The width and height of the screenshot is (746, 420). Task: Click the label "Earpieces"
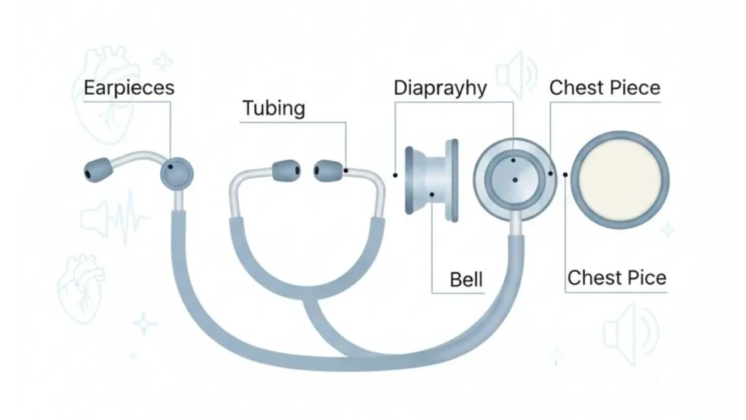[x=129, y=88]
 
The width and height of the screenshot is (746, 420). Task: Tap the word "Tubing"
[x=273, y=109]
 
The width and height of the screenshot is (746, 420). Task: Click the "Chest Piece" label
[x=605, y=88]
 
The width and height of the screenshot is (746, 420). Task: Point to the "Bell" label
[x=466, y=279]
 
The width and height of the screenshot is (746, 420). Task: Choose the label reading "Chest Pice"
[x=616, y=278]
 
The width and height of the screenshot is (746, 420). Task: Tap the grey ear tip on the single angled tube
[x=94, y=173]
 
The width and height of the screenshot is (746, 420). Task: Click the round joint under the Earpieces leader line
[x=177, y=173]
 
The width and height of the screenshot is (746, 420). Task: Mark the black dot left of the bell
[x=394, y=175]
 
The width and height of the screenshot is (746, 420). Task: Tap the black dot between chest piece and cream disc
[x=565, y=174]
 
